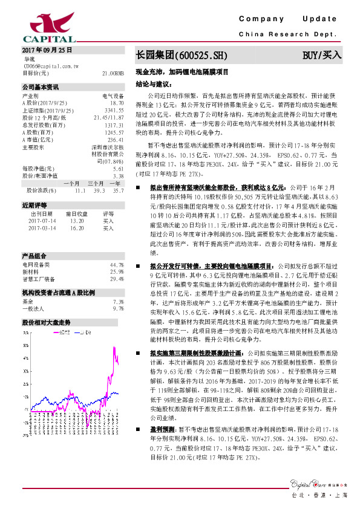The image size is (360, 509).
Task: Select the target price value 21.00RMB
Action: [x=113, y=73]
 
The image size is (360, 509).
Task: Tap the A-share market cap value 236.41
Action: [x=116, y=140]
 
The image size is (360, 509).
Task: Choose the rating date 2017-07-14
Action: [x=41, y=221]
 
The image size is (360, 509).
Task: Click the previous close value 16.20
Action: [x=77, y=229]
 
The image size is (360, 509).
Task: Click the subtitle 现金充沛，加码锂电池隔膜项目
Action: [x=182, y=71]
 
